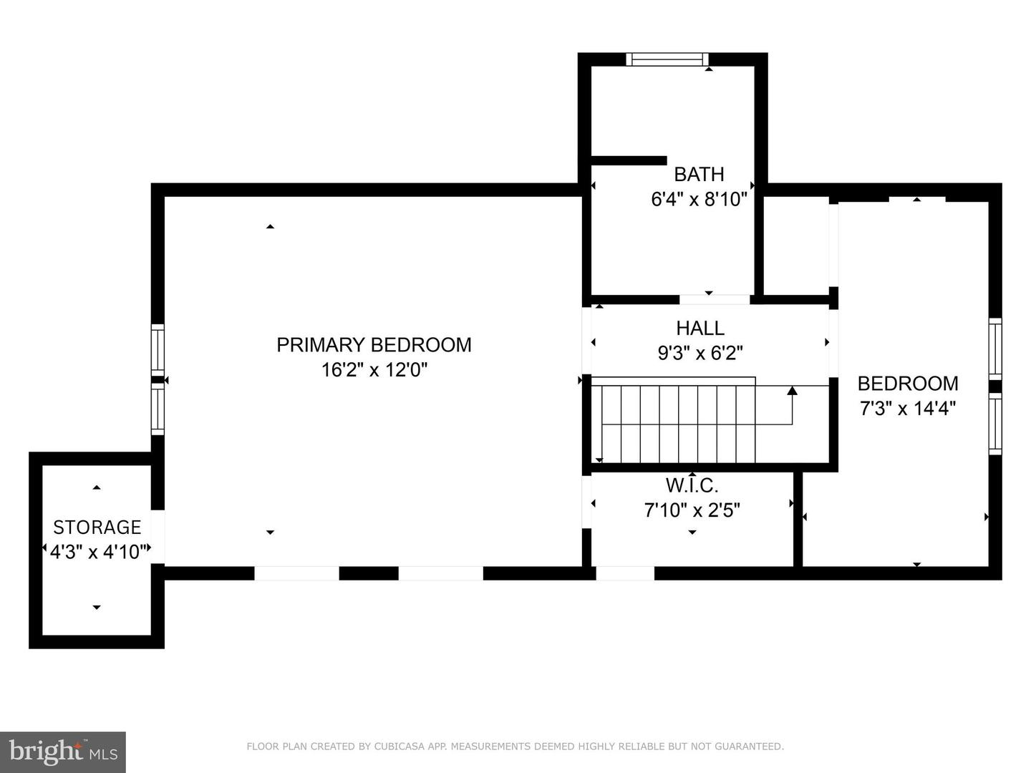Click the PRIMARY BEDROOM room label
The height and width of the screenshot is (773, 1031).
[374, 345]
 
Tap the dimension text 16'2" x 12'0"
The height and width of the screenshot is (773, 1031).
[374, 370]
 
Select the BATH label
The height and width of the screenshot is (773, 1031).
[699, 175]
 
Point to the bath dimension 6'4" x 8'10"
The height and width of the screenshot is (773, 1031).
[699, 200]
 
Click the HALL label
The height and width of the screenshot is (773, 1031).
[700, 328]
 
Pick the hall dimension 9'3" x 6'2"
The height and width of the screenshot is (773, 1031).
[700, 353]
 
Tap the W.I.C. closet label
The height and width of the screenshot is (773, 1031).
[692, 486]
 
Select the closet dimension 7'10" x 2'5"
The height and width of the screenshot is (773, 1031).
[692, 510]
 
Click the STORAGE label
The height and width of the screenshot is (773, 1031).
[97, 528]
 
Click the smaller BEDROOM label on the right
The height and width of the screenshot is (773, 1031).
[908, 384]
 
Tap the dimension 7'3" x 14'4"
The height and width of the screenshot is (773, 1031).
[908, 408]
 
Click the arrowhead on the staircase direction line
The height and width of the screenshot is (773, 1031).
[793, 390]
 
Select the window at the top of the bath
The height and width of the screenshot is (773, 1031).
[667, 59]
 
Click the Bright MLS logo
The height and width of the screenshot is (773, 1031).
[63, 752]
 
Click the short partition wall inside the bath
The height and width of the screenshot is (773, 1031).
[629, 160]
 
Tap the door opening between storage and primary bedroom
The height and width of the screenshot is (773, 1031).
[158, 536]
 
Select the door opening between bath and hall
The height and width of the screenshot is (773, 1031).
[715, 299]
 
